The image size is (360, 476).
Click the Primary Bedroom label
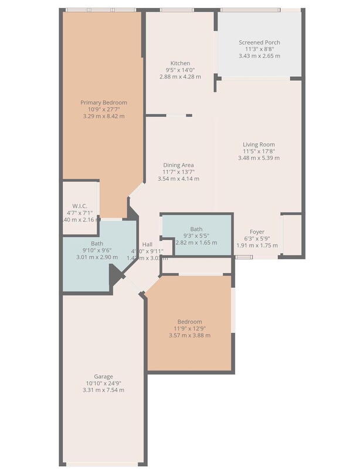click(103, 103)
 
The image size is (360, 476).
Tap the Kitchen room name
click(180, 63)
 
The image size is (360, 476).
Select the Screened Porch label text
click(259, 43)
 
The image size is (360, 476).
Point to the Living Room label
click(259, 144)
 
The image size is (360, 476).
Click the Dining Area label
click(178, 165)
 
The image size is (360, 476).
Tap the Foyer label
click(257, 232)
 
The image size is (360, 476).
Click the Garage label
click(103, 376)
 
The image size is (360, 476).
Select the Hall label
click(148, 244)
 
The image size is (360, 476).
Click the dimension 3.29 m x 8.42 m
click(103, 116)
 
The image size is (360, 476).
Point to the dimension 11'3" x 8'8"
click(259, 50)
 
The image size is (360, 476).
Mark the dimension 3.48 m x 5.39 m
click(259, 158)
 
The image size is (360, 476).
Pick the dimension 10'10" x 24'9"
click(103, 383)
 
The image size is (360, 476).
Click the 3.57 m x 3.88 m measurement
click(189, 335)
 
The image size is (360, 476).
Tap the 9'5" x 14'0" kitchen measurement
click(180, 70)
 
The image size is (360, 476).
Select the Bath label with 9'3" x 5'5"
click(196, 229)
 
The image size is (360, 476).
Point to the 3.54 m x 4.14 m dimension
click(178, 178)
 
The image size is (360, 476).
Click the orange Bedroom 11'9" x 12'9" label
click(189, 321)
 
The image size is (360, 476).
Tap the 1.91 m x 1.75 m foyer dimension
click(257, 246)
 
